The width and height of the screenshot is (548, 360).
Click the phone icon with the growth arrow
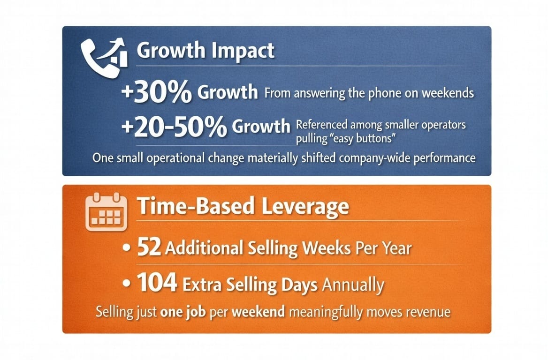pos(104,57)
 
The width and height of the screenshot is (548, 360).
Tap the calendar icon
pos(106,211)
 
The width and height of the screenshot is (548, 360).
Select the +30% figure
pos(156,91)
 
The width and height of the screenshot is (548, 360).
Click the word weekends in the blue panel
pos(447,93)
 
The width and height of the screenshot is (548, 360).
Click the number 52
pos(149,247)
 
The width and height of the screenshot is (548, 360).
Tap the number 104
pos(157,283)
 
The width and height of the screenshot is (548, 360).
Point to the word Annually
pos(353,285)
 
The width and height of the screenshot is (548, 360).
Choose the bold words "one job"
pos(183,312)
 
